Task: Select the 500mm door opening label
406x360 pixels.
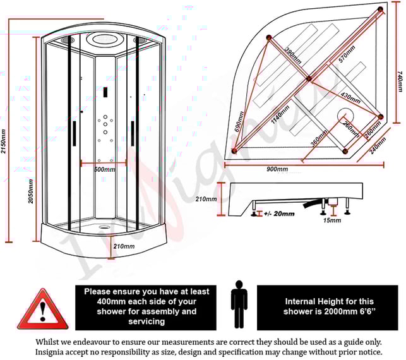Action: [x=104, y=169]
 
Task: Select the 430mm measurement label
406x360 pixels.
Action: [x=351, y=100]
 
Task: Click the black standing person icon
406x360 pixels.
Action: [x=239, y=305]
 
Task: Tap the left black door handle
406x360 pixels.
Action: [x=75, y=133]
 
